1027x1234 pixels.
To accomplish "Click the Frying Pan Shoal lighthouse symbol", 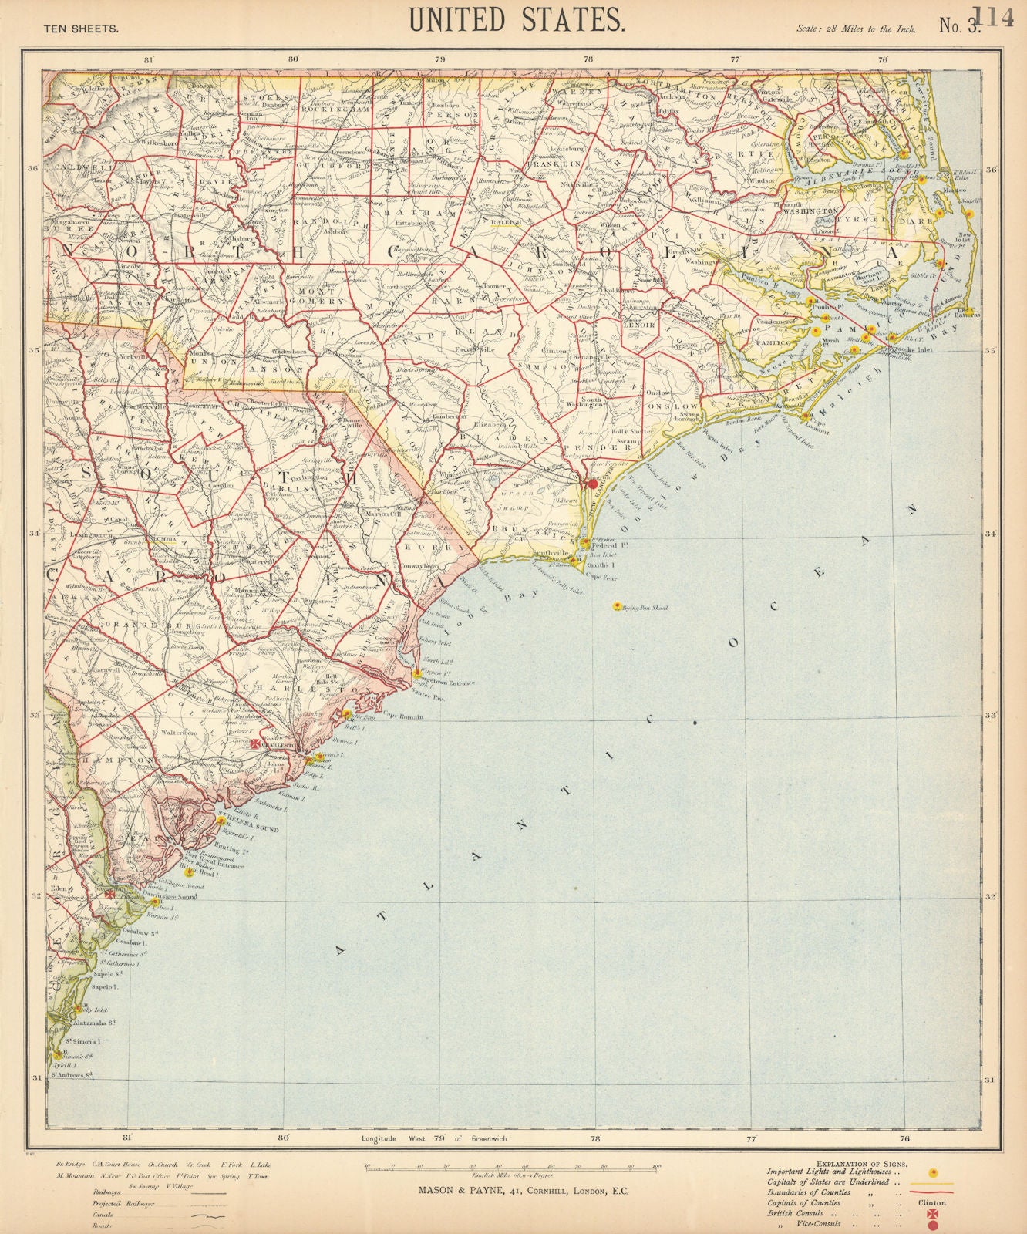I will [616, 607].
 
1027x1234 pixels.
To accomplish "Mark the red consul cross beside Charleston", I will [257, 743].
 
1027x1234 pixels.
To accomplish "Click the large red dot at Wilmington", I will [592, 484].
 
